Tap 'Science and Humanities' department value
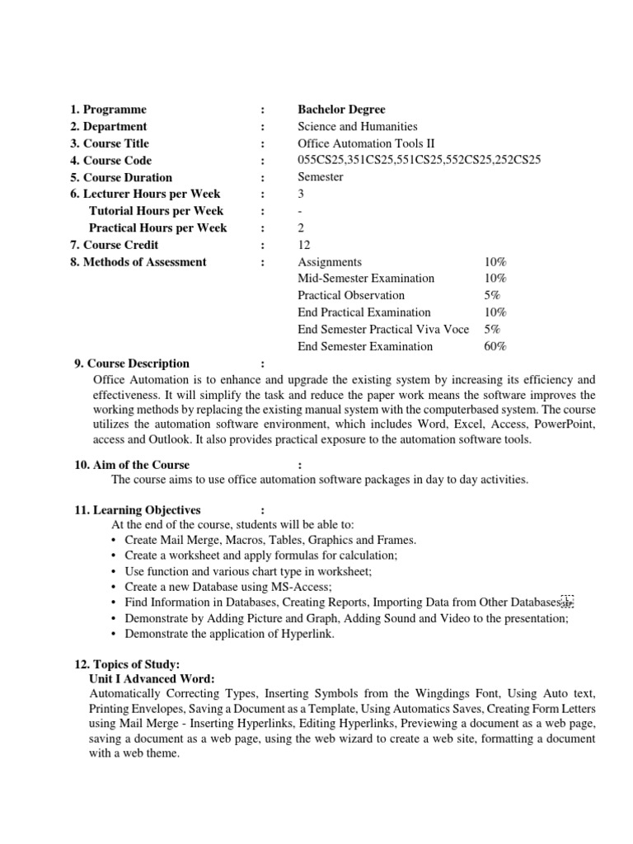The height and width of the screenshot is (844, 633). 357,127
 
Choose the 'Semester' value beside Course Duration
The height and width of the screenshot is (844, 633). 321,177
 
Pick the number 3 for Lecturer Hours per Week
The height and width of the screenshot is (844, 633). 301,195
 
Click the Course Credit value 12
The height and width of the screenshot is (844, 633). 303,245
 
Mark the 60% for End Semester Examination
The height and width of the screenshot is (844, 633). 495,346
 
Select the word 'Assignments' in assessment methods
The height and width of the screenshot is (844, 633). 330,262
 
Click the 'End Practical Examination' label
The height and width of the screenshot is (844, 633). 363,312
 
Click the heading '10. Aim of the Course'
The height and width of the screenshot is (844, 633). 132,465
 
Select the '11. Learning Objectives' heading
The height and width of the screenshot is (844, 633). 138,510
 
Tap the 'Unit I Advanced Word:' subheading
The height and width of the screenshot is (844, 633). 152,678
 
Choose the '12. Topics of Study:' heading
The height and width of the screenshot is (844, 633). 127,664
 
